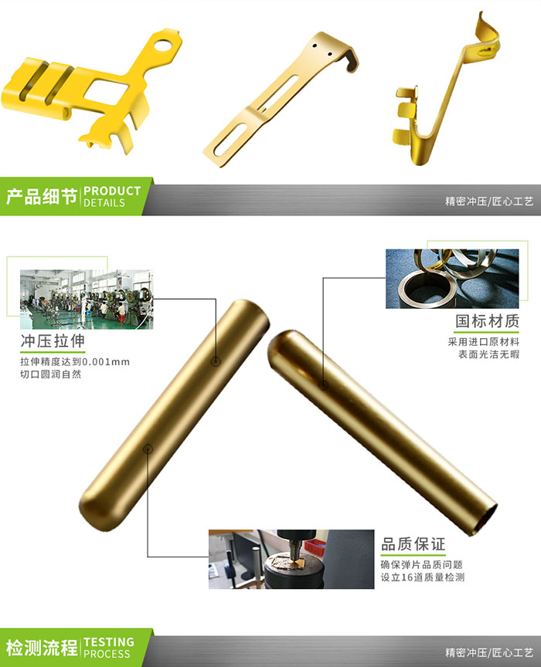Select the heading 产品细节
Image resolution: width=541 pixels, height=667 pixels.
coord(41,196)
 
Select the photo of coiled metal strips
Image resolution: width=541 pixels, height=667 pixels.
coord(452,278)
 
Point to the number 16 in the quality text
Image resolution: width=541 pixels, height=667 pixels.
coord(414,577)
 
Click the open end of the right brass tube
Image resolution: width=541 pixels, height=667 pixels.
coord(482,522)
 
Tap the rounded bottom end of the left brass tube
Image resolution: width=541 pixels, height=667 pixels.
coord(89,506)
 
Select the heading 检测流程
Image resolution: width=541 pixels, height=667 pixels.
coord(41,647)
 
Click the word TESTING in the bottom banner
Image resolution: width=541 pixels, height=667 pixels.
coord(109,642)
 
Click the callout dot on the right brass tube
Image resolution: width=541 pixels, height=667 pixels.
coord(324,384)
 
